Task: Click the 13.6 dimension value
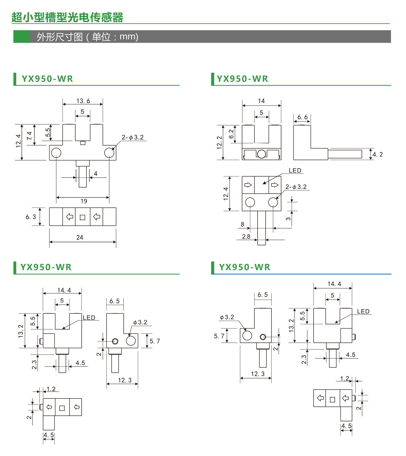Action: [x=83, y=101]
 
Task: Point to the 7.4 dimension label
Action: [x=29, y=136]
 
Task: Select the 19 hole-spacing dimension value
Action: [x=84, y=201]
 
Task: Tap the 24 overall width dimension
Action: [x=80, y=238]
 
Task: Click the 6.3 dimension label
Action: [x=31, y=217]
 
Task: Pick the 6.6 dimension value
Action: [x=302, y=117]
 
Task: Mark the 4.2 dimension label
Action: [x=378, y=154]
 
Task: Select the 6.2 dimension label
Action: [x=231, y=134]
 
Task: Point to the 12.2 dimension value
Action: [x=219, y=142]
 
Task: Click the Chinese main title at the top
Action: [x=67, y=17]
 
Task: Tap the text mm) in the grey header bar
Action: [x=129, y=37]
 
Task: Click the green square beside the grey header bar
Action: [x=21, y=37]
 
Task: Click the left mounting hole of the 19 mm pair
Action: [x=56, y=153]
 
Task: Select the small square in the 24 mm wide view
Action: [x=82, y=217]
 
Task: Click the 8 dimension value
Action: [x=243, y=224]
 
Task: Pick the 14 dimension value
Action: [x=261, y=101]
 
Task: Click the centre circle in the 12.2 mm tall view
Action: [x=262, y=154]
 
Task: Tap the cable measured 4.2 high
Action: [x=345, y=154]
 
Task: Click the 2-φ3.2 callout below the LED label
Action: [x=296, y=187]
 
